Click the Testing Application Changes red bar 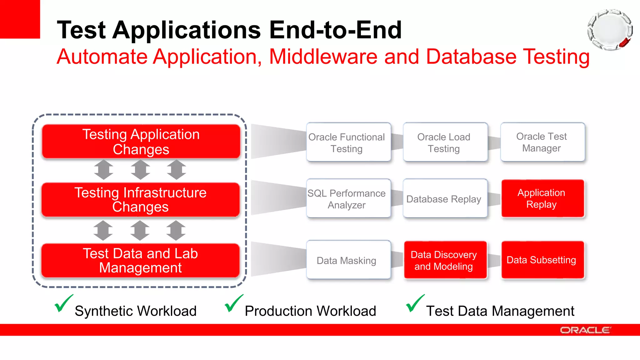tap(141, 142)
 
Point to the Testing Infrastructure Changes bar tap(141, 200)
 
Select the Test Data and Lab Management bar tap(141, 261)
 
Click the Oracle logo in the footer tap(585, 330)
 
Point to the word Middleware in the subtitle tap(323, 57)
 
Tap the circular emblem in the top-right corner tap(610, 30)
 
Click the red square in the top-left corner tap(20, 19)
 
